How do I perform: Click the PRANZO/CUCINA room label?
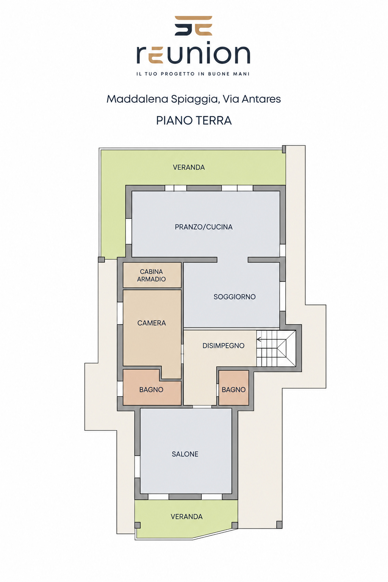pos(203,227)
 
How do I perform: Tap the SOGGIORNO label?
pos(235,297)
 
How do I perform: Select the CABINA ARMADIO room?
pos(152,275)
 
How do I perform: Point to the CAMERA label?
pos(152,323)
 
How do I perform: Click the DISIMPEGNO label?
pos(223,346)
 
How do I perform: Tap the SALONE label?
pos(185,454)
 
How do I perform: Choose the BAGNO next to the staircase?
pos(234,388)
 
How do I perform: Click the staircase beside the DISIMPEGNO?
pos(276,348)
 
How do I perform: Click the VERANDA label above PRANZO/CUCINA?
pos(189,167)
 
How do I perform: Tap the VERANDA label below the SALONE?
pos(186,516)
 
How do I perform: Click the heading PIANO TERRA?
pos(194,120)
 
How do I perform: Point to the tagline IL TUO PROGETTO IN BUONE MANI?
pos(193,74)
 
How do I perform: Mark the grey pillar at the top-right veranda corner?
pos(284,149)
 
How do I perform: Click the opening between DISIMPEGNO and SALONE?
pos(202,407)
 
